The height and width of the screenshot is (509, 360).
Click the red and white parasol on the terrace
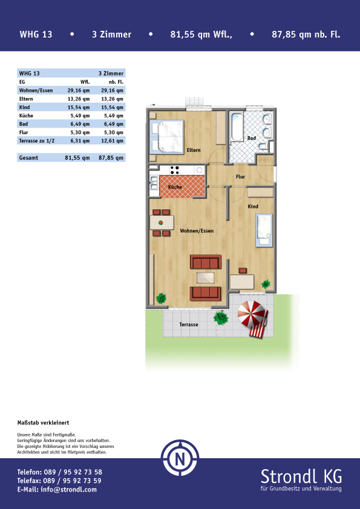251,314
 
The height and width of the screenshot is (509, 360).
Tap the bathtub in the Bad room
236,127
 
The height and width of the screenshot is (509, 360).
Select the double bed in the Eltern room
168,137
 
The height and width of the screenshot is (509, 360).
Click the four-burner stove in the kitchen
174,170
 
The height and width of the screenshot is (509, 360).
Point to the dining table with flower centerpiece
162,222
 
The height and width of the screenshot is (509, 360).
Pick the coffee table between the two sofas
205,278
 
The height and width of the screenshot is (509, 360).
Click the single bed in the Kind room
264,230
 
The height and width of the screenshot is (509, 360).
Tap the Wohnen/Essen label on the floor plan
197,231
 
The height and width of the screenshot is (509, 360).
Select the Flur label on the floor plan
240,177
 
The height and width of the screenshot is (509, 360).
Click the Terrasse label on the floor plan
188,324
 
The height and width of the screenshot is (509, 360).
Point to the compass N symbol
180,458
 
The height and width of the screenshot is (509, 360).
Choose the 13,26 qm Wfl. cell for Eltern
78,99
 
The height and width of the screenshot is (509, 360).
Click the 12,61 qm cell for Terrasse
112,141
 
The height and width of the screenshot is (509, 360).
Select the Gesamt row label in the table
28,158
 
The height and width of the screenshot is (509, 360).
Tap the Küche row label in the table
26,115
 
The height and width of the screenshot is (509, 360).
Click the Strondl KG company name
301,477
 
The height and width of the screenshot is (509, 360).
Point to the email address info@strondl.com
68,490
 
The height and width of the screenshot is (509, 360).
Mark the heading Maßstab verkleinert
43,423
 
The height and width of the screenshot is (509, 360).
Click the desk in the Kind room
242,282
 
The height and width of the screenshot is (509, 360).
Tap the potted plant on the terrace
221,318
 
